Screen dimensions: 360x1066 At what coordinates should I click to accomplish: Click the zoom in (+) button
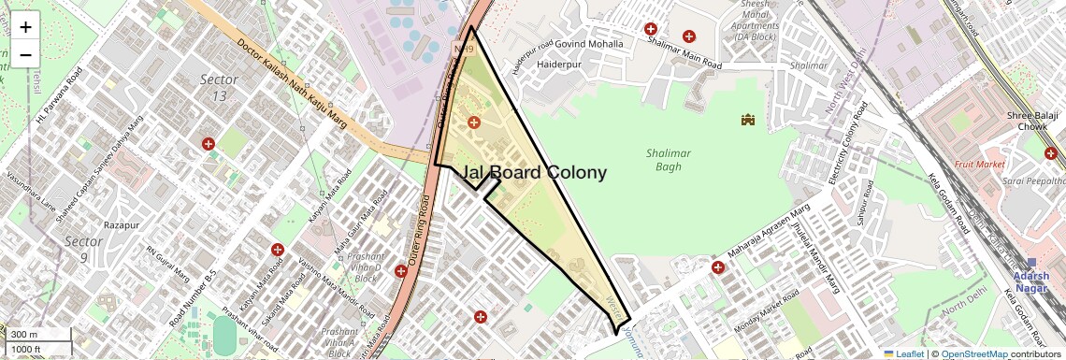(25, 28)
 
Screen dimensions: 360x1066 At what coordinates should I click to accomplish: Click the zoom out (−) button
(25, 55)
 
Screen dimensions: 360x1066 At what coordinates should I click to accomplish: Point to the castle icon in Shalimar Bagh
(747, 120)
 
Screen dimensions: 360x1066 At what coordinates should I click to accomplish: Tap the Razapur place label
(121, 225)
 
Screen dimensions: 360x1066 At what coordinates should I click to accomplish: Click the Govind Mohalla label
(589, 44)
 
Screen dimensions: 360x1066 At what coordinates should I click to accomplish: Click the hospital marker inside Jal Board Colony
(473, 122)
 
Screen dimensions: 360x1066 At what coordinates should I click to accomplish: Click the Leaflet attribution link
(902, 354)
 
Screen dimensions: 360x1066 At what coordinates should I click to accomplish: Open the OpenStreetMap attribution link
(973, 354)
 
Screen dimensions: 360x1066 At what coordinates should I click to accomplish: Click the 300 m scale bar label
(24, 335)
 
